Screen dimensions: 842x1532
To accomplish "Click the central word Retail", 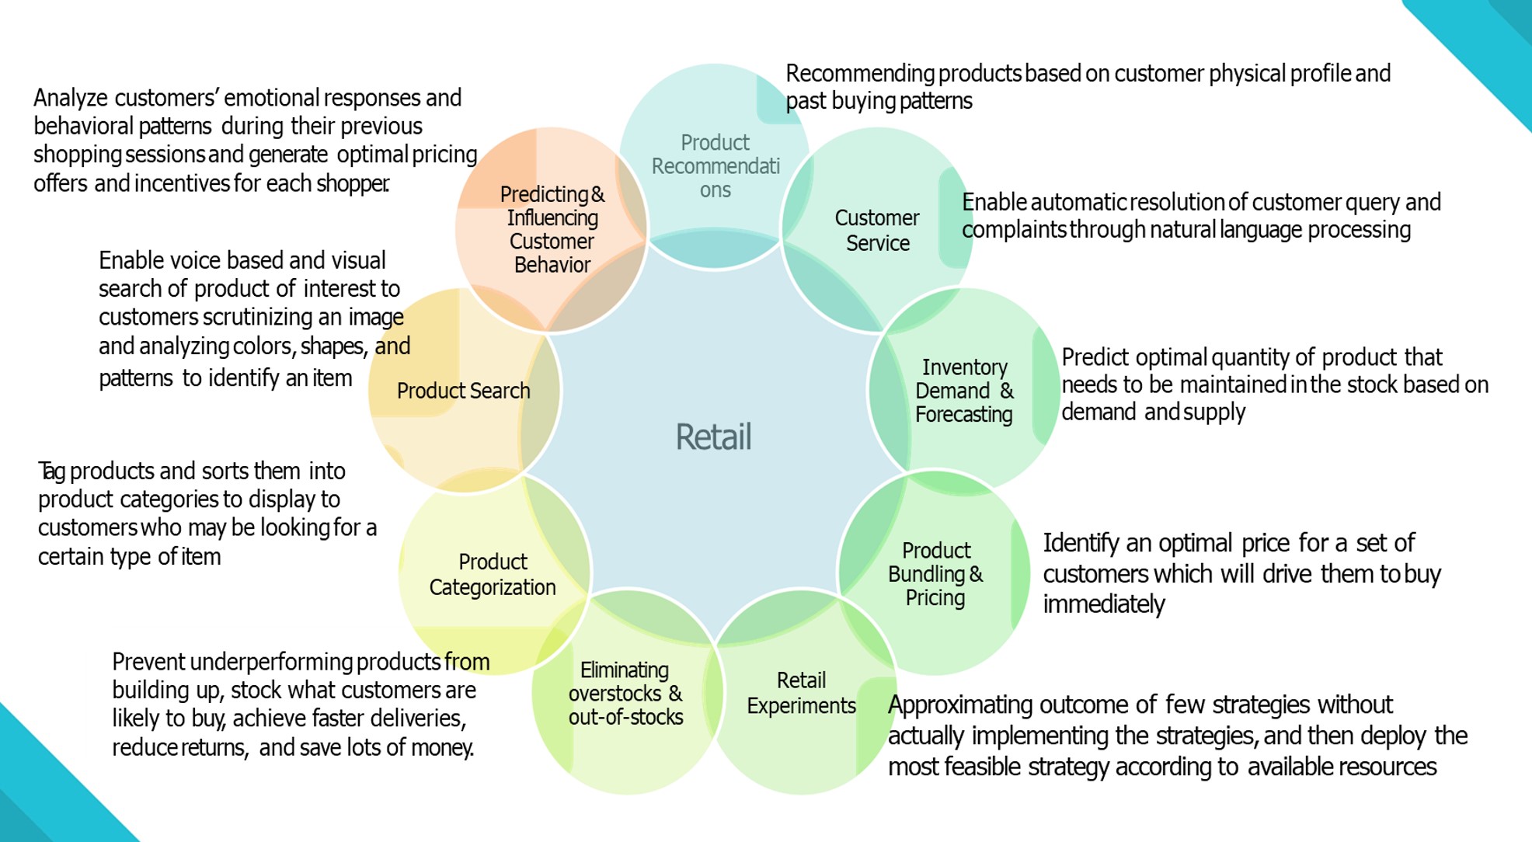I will (x=713, y=437).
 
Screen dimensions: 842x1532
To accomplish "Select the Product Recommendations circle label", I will (x=716, y=166).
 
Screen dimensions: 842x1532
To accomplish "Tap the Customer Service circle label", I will (x=877, y=230).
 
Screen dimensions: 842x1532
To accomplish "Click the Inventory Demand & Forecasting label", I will (x=964, y=391).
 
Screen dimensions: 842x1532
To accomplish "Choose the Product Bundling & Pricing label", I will (x=935, y=574).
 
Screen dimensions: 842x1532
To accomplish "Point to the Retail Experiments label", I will (x=801, y=693).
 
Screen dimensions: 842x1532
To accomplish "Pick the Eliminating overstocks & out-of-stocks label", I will (x=625, y=694).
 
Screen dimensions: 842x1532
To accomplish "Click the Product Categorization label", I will (x=493, y=574).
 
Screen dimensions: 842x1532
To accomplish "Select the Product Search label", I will (x=463, y=391).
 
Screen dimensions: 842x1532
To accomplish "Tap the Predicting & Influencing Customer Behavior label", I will (x=552, y=229).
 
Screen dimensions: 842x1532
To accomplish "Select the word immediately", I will (x=1103, y=604).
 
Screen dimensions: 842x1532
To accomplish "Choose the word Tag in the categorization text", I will (x=51, y=471).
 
